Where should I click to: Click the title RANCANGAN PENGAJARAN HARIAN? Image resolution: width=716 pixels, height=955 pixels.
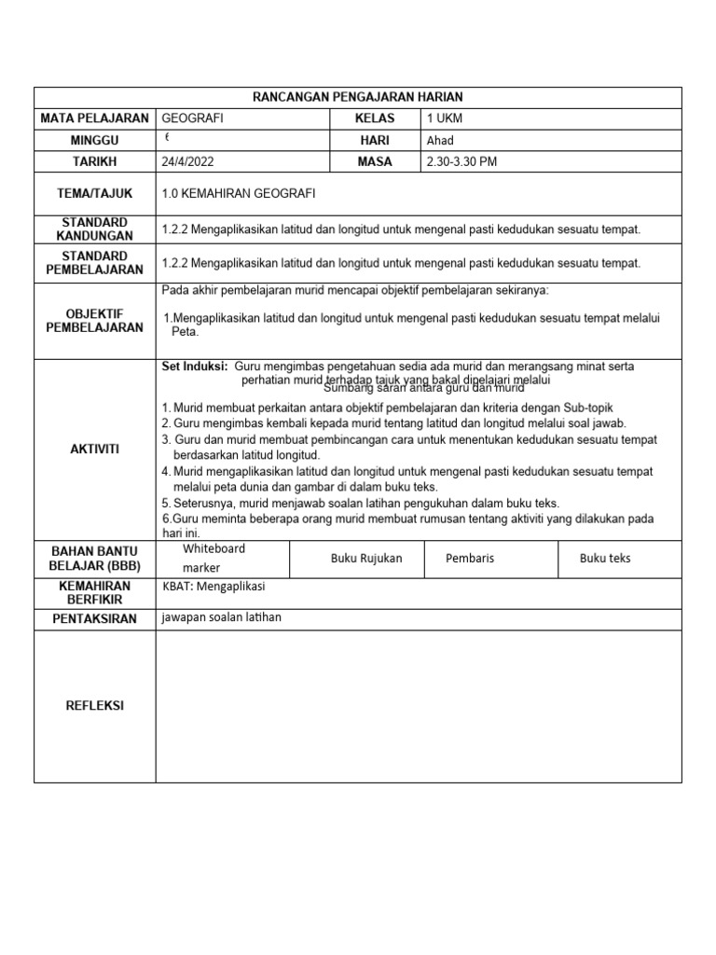pos(358,97)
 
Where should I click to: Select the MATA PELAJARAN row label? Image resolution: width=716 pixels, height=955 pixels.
pos(94,118)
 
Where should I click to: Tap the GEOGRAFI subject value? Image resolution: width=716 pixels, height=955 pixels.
pos(193,118)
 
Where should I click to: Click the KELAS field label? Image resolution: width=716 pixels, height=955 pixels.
pos(375,118)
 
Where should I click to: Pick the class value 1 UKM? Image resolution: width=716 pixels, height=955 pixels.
pos(444,118)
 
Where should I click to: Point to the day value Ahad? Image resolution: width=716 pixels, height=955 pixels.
pos(440,141)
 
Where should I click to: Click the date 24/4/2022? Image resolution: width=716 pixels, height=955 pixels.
pos(187,161)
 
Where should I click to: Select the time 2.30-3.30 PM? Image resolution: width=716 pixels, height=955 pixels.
pos(461,161)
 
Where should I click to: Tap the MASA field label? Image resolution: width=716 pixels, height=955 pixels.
pos(375,161)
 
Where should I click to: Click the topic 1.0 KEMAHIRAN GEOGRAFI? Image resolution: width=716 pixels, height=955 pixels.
pos(239,194)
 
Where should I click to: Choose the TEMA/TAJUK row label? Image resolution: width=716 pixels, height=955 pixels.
pos(94,194)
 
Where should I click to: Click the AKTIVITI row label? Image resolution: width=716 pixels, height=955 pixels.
pos(94,449)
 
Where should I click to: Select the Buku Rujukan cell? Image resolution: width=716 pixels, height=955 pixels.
pos(366,559)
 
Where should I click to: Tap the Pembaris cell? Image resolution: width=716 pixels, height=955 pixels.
pos(471,559)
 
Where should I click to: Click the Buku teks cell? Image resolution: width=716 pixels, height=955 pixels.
pos(605,559)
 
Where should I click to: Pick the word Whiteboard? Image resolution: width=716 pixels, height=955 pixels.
pos(213,549)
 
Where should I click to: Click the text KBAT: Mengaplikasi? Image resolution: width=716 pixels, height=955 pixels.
pos(213,587)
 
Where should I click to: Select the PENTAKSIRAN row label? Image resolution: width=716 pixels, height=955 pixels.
pos(94,618)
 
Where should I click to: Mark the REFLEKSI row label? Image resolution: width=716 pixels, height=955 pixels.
pos(94,706)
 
